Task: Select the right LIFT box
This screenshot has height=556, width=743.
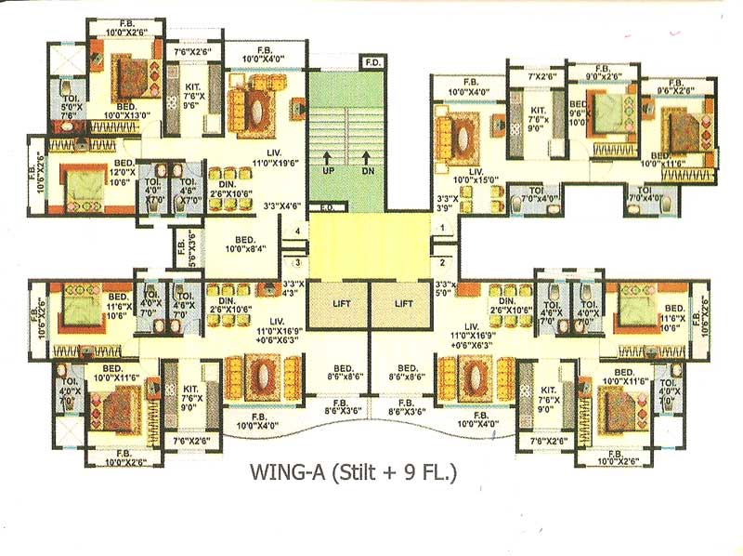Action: click(403, 304)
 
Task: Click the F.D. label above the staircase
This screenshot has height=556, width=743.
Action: click(373, 63)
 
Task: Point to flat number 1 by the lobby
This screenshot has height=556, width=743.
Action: click(443, 227)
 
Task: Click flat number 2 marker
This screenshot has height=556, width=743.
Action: click(443, 263)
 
